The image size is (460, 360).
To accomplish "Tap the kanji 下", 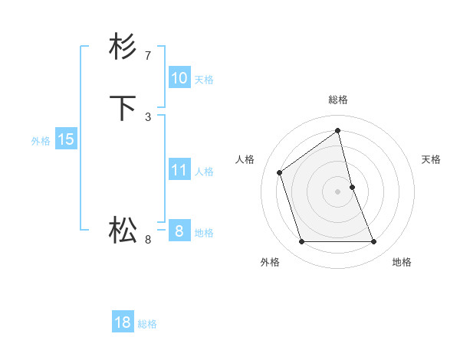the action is click(123, 109).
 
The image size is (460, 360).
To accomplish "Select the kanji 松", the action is click(123, 230).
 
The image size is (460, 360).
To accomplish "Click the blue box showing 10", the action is click(179, 78).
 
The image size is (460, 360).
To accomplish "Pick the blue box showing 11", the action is click(179, 170).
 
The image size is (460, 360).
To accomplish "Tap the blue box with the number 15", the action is click(66, 139).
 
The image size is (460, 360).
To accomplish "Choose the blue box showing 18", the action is click(123, 322).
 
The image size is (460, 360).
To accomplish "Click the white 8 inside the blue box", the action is click(179, 231).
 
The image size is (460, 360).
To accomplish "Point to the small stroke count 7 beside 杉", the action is click(148, 55).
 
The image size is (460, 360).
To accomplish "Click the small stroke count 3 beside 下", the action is click(148, 116).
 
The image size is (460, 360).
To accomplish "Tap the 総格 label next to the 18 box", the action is click(147, 324).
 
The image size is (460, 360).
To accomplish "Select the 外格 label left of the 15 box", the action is click(41, 141).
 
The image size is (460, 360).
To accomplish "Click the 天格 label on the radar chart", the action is click(431, 159).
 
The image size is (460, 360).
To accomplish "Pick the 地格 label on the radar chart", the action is click(402, 262).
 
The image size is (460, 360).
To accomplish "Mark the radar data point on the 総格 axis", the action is click(338, 130).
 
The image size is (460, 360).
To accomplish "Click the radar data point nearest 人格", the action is click(280, 172).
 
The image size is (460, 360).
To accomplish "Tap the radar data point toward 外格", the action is click(302, 242).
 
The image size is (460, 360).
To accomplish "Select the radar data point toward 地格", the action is click(374, 242).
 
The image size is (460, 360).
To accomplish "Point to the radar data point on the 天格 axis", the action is click(352, 187).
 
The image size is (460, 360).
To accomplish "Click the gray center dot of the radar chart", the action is click(338, 191).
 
